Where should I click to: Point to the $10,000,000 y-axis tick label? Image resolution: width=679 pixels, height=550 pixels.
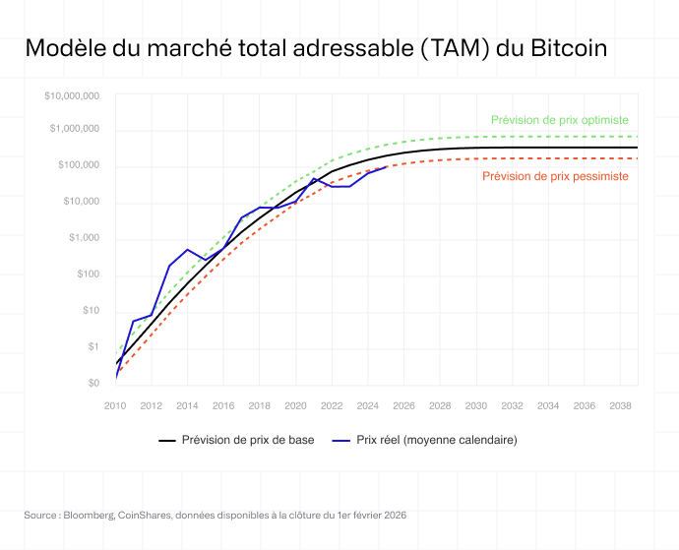pos(72,95)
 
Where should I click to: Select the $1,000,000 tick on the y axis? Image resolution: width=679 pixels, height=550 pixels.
pos(75,130)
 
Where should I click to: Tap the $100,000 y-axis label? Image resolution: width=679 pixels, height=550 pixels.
pos(78,165)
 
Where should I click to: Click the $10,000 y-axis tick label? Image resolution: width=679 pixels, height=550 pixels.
pos(81,202)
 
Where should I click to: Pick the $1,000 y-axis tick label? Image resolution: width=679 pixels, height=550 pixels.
pos(84,238)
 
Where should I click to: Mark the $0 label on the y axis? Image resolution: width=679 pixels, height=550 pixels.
pos(93,383)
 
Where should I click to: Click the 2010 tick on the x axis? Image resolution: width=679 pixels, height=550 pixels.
pos(116,405)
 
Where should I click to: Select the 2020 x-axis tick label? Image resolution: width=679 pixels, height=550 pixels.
pos(296,405)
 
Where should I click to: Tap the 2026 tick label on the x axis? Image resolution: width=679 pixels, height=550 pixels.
pos(404,405)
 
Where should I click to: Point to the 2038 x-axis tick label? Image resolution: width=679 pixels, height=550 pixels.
pos(620,405)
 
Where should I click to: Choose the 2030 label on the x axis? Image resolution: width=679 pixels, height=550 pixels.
pos(476,405)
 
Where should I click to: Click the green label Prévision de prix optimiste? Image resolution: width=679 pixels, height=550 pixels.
pos(559,119)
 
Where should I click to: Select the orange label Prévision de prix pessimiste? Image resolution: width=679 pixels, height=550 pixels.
pos(555,176)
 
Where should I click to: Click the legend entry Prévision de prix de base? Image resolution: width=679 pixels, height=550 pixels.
pos(248,440)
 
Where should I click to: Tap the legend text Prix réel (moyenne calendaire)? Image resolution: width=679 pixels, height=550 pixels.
pos(436,440)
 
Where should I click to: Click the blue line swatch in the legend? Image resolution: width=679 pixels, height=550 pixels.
pos(340,440)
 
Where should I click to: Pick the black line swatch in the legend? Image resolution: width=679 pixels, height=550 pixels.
pos(166,440)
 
